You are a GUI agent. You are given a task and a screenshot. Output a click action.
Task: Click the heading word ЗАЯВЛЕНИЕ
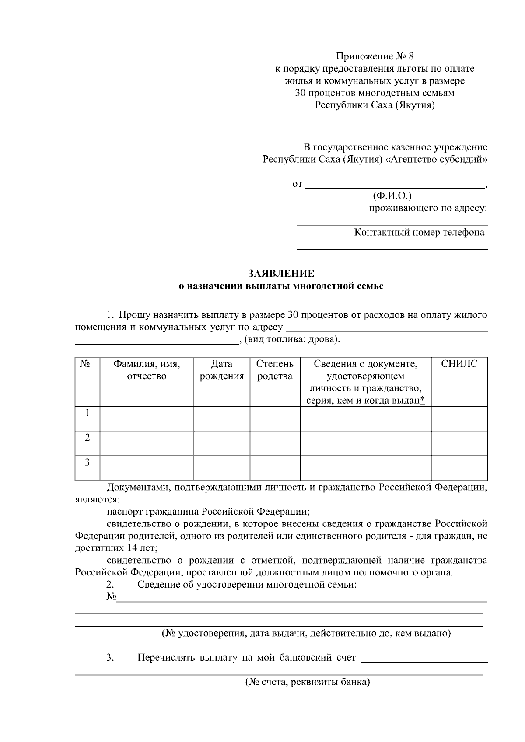pos(281,274)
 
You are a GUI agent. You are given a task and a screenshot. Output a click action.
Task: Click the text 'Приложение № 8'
pos(374,56)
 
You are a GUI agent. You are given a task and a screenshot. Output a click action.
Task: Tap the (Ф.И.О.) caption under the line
pos(392,195)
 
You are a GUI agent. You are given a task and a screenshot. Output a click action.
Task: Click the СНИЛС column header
pos(459,364)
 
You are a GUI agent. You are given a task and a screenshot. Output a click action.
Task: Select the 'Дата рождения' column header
pos(221,370)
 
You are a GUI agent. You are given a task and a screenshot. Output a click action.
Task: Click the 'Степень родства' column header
pos(275,370)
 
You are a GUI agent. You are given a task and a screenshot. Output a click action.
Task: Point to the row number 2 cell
pos(87,438)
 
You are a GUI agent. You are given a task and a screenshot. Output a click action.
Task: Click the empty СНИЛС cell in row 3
pos(459,468)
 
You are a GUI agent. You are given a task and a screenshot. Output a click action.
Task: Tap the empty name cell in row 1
pos(147,418)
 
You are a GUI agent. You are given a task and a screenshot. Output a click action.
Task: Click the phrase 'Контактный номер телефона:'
pos(420,232)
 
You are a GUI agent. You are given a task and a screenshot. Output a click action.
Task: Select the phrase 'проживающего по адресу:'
pos(428,208)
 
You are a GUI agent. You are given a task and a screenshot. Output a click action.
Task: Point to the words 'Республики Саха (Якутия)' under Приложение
pos(374,105)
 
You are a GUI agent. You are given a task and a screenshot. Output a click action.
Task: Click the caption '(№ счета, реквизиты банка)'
pos(308,682)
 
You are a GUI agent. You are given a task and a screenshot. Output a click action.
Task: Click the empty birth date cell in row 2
pos(221,443)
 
